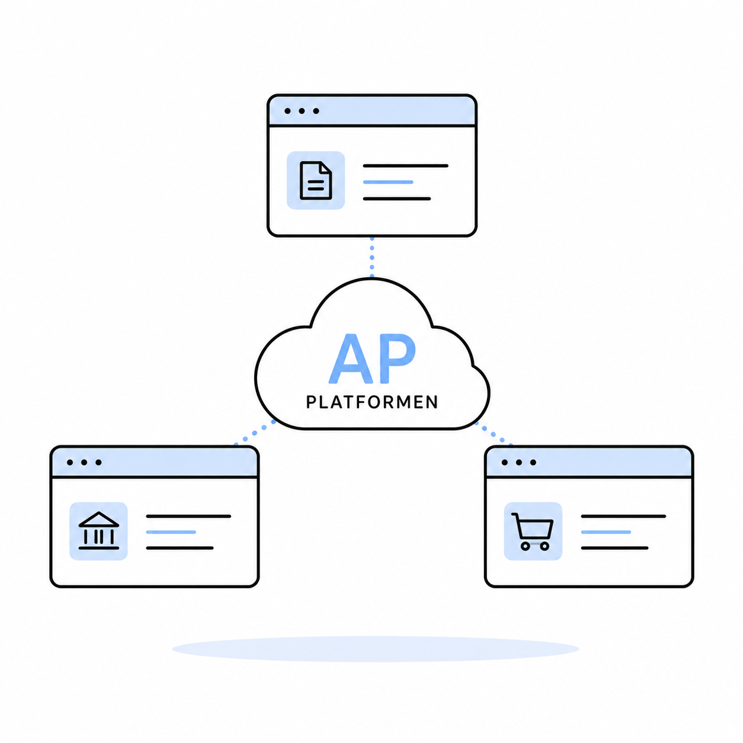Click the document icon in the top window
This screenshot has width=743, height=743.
click(x=315, y=181)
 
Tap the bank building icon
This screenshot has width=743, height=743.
click(x=99, y=530)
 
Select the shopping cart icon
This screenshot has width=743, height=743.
click(x=533, y=531)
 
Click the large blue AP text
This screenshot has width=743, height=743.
click(x=372, y=359)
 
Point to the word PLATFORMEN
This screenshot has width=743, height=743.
click(x=371, y=402)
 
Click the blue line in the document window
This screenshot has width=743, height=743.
click(x=388, y=182)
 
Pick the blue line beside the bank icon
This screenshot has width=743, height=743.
click(x=171, y=532)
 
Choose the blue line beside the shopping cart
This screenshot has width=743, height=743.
click(x=606, y=532)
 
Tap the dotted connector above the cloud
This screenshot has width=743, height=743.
click(x=371, y=257)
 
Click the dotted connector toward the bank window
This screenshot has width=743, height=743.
click(x=255, y=433)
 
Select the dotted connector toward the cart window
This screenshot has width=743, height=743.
click(x=493, y=434)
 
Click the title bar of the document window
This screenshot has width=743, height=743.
click(x=371, y=111)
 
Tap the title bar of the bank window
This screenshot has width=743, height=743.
click(x=154, y=462)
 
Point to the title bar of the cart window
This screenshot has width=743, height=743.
click(x=589, y=462)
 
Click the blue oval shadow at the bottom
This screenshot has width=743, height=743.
click(x=375, y=649)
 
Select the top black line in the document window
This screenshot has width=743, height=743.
click(x=405, y=166)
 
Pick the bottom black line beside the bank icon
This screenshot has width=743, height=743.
click(x=180, y=548)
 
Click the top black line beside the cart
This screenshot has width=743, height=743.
click(x=623, y=516)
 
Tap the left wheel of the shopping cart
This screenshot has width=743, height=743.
click(x=525, y=546)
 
